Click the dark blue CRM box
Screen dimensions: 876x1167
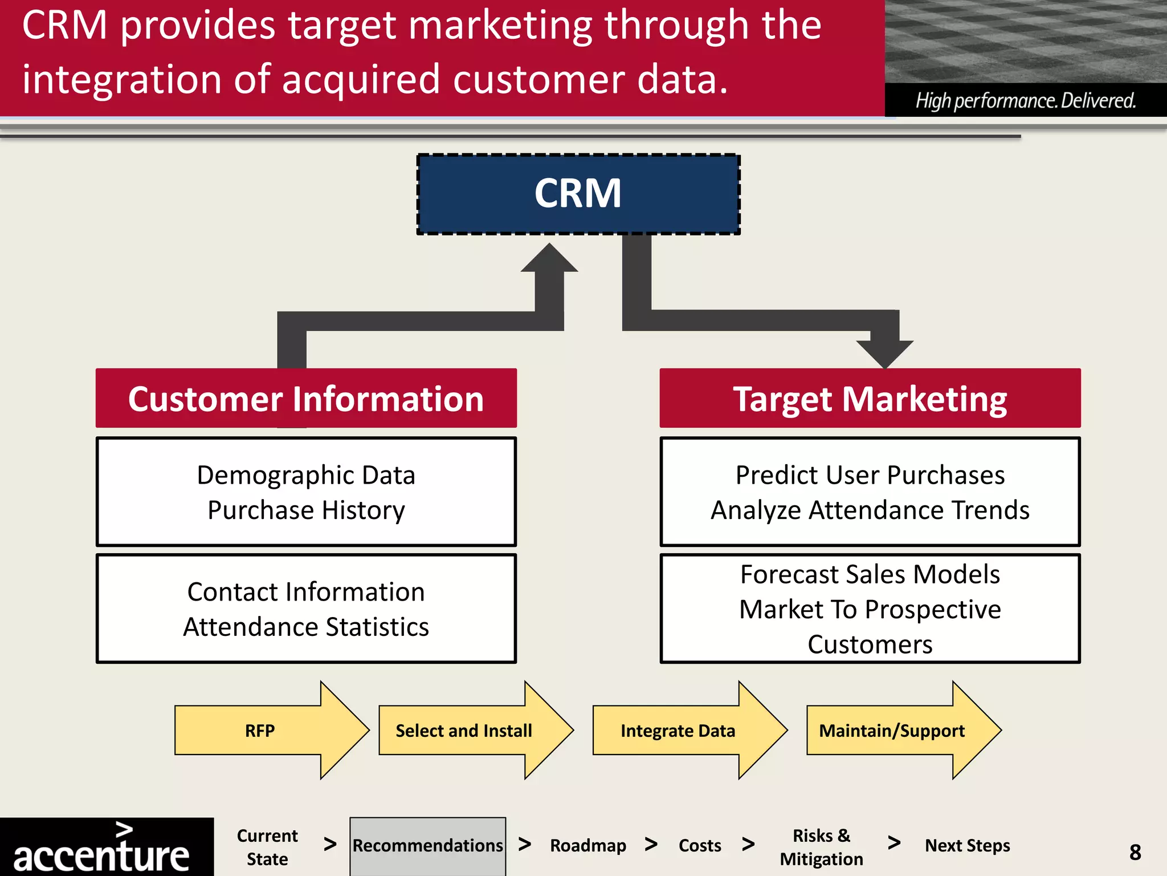tap(578, 194)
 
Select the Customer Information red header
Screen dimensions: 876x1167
tap(306, 398)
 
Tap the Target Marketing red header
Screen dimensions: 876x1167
tap(870, 398)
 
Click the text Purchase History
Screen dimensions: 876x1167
tap(306, 510)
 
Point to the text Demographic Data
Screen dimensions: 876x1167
tap(306, 475)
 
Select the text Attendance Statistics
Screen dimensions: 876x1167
tap(306, 627)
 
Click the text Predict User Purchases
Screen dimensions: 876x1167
tap(870, 475)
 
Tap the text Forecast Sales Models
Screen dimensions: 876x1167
tap(870, 574)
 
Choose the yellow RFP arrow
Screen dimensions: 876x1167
tap(260, 731)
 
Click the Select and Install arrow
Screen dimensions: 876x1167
tap(464, 731)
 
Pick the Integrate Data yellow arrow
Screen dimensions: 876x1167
tap(678, 731)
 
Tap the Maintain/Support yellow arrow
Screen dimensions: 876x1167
tap(892, 731)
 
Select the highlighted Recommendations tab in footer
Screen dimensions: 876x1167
tap(427, 845)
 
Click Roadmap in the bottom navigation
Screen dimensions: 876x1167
tap(587, 845)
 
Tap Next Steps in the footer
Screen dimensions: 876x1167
tap(967, 845)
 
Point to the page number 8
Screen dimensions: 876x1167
tap(1135, 852)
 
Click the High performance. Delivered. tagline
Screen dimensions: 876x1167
tap(1025, 100)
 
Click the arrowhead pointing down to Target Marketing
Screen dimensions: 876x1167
tap(885, 352)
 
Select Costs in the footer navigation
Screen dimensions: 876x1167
tap(700, 845)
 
